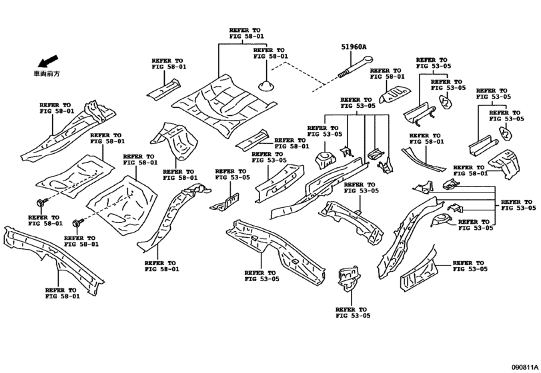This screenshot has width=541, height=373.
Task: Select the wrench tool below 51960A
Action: point(352,67)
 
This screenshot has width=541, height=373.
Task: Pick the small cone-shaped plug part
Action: point(265,84)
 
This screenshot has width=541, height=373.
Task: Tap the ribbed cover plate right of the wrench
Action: point(394,95)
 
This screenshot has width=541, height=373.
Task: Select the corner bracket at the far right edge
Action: point(508,163)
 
